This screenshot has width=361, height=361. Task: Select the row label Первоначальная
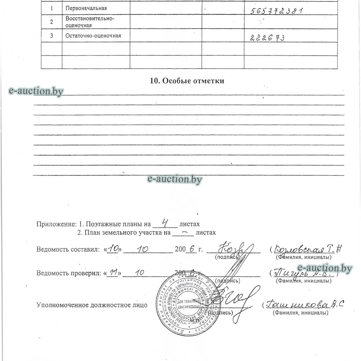tap(86, 8)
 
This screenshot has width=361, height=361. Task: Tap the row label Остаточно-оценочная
tap(93, 36)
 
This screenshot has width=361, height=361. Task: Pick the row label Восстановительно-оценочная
tap(90, 22)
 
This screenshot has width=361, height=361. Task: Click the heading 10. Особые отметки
tap(187, 81)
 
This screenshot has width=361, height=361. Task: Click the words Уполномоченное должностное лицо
tap(92, 305)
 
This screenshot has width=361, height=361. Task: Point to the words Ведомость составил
tap(67, 249)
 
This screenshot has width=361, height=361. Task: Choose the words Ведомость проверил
tap(68, 273)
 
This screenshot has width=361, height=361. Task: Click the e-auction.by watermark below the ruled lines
tap(175, 179)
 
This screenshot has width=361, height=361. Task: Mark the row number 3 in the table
tap(51, 36)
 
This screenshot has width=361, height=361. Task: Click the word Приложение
tap(56, 224)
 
